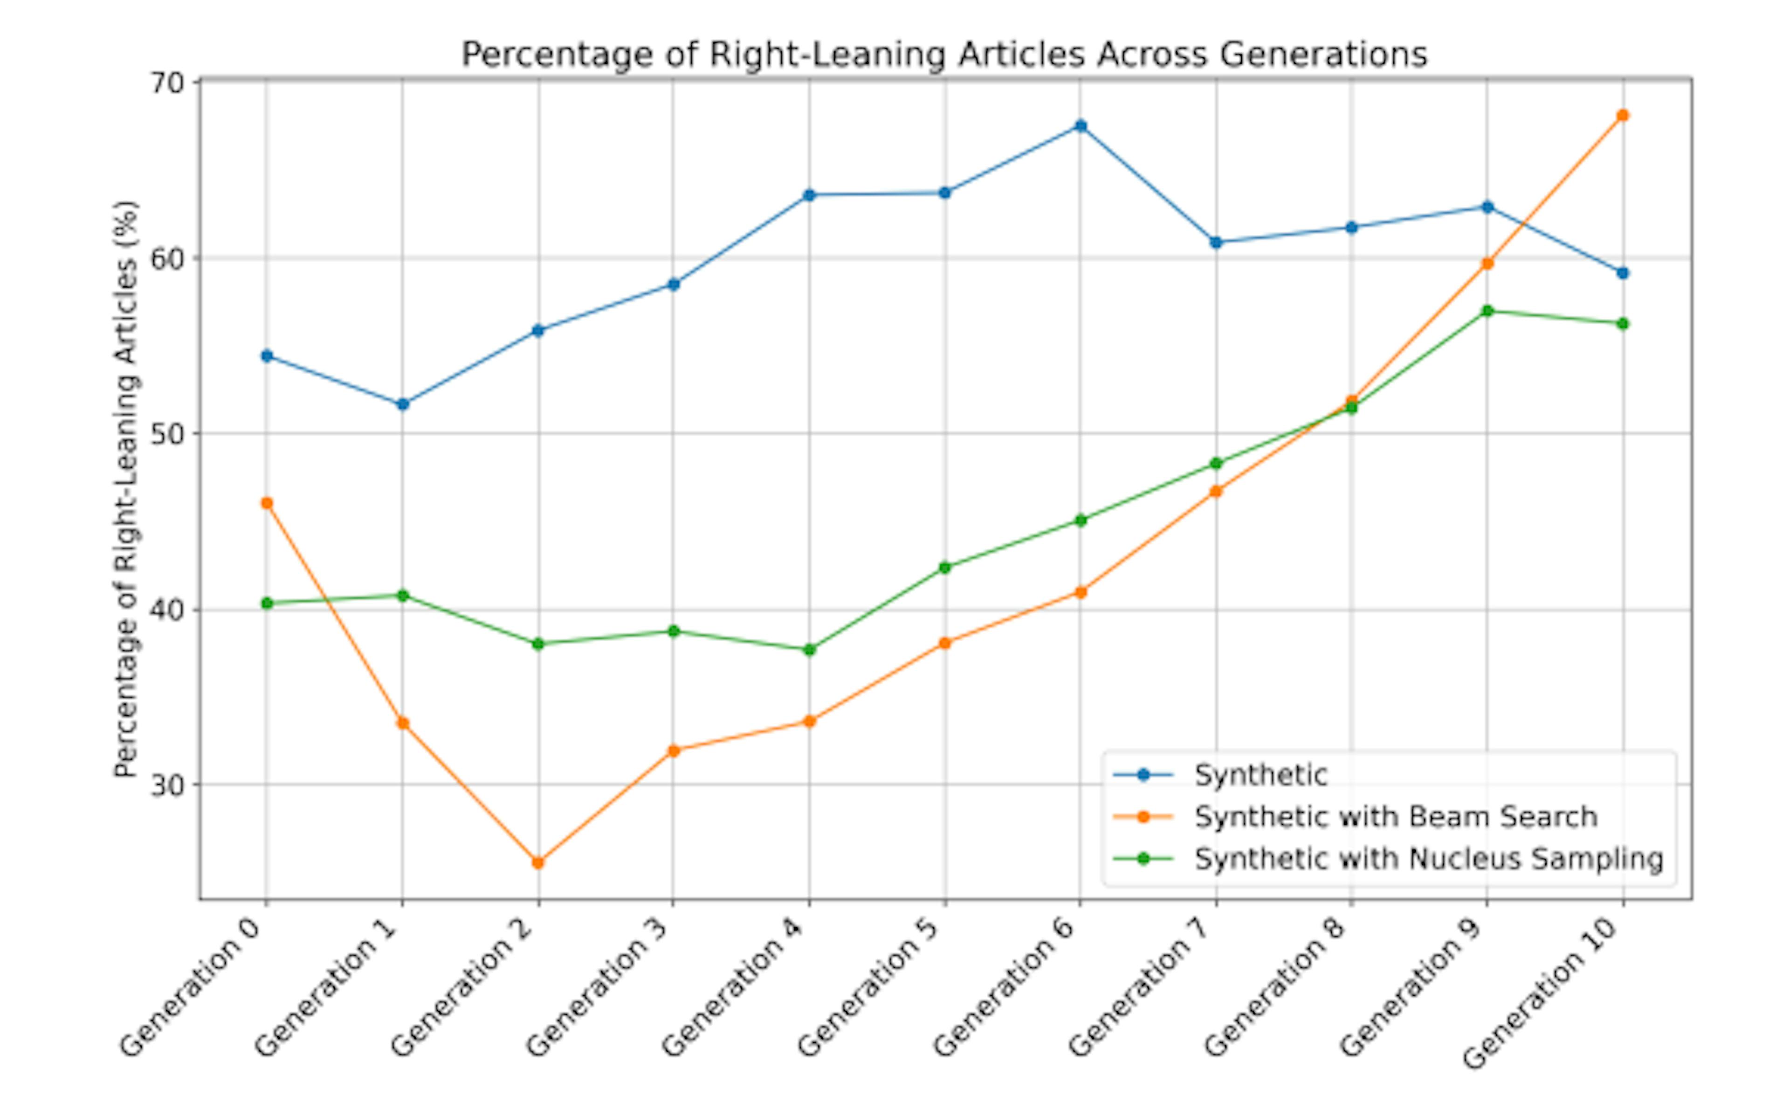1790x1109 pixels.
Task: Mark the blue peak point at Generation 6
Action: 1080,125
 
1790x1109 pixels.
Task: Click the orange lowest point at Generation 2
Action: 538,863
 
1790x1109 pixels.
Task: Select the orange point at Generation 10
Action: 1622,115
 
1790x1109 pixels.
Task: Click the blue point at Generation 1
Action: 402,404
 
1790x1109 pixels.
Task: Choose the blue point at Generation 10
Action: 1622,273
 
